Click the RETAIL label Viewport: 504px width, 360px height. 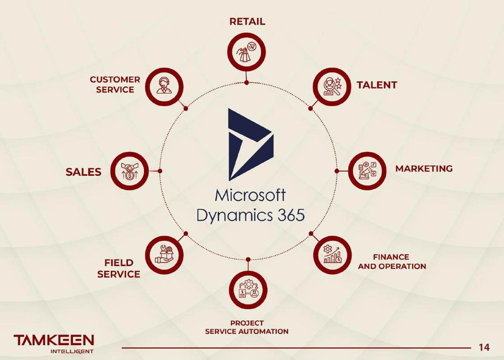[x=247, y=22]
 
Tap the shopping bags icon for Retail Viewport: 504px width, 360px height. [x=247, y=52]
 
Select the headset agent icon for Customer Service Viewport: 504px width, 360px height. [x=164, y=86]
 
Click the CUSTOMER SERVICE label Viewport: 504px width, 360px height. [x=115, y=84]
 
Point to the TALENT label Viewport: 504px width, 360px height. [x=377, y=85]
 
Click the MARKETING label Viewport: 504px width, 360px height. [x=424, y=169]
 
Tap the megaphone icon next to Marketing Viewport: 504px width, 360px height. [x=367, y=171]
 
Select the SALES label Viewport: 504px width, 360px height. [x=84, y=172]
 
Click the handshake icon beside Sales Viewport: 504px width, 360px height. [x=129, y=171]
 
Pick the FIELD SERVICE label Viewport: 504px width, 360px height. [x=119, y=268]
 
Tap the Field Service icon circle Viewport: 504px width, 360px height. [x=164, y=255]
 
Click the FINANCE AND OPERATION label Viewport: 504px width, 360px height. [x=392, y=262]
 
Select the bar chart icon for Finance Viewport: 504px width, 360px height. [x=332, y=255]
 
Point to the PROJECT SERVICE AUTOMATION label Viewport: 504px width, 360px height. [x=247, y=327]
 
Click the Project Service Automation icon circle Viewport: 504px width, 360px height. [x=248, y=290]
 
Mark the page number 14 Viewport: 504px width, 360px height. [x=484, y=347]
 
